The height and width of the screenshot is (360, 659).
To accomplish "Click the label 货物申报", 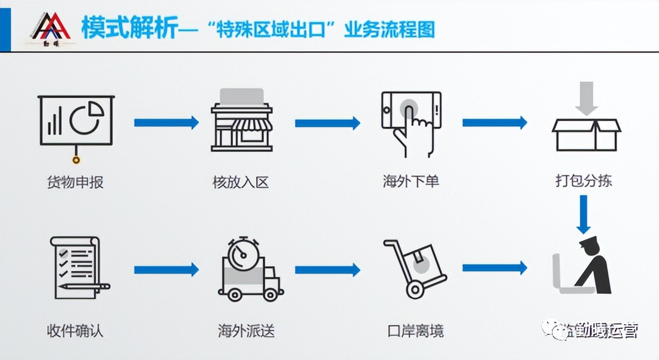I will click(74, 182).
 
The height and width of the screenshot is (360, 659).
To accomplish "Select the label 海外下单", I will click(411, 181).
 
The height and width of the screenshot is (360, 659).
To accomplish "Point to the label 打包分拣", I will click(583, 181).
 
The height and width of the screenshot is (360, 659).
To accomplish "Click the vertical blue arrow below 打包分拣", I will click(584, 214).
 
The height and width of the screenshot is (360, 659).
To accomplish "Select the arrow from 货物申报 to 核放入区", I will click(166, 123).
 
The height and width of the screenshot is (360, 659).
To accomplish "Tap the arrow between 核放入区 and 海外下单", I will click(327, 123).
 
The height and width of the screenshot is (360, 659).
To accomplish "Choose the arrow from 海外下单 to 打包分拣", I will click(495, 123).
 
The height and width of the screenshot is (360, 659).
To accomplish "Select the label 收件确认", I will click(74, 330).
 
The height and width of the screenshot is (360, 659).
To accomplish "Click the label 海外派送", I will click(246, 330).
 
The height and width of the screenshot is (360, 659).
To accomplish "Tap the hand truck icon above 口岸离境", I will click(414, 268).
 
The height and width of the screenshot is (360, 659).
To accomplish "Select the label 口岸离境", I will click(415, 330).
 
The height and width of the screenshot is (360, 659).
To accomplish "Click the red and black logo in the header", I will click(50, 30).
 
